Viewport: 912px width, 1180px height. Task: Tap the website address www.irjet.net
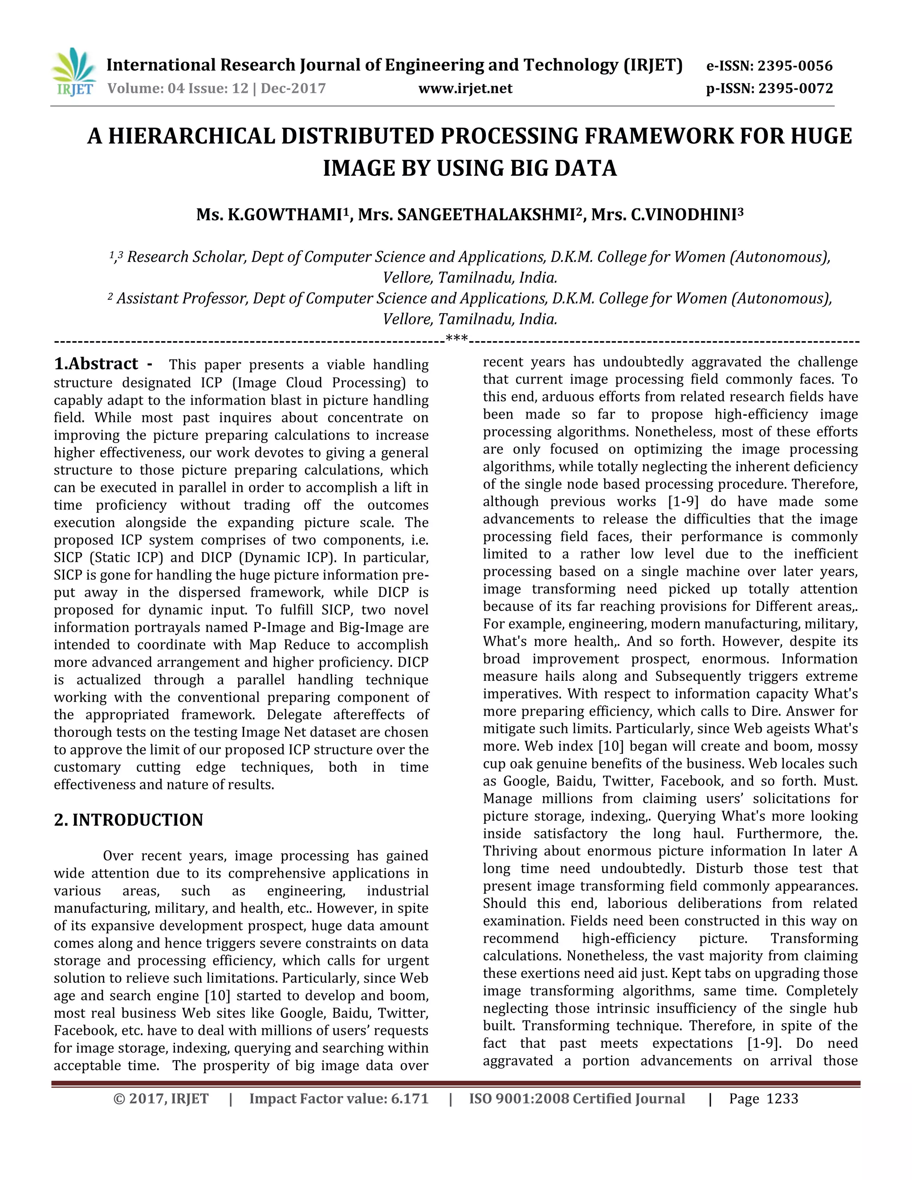click(465, 88)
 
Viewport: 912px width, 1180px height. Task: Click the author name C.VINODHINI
click(684, 215)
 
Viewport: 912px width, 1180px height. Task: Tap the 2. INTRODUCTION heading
click(129, 820)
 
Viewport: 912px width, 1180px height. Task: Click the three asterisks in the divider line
click(456, 339)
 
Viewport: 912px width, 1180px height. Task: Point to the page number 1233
click(782, 1099)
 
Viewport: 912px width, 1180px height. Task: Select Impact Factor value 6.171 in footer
click(339, 1099)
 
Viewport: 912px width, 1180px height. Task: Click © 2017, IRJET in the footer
click(161, 1099)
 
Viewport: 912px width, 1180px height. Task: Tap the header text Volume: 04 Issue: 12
click(177, 88)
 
